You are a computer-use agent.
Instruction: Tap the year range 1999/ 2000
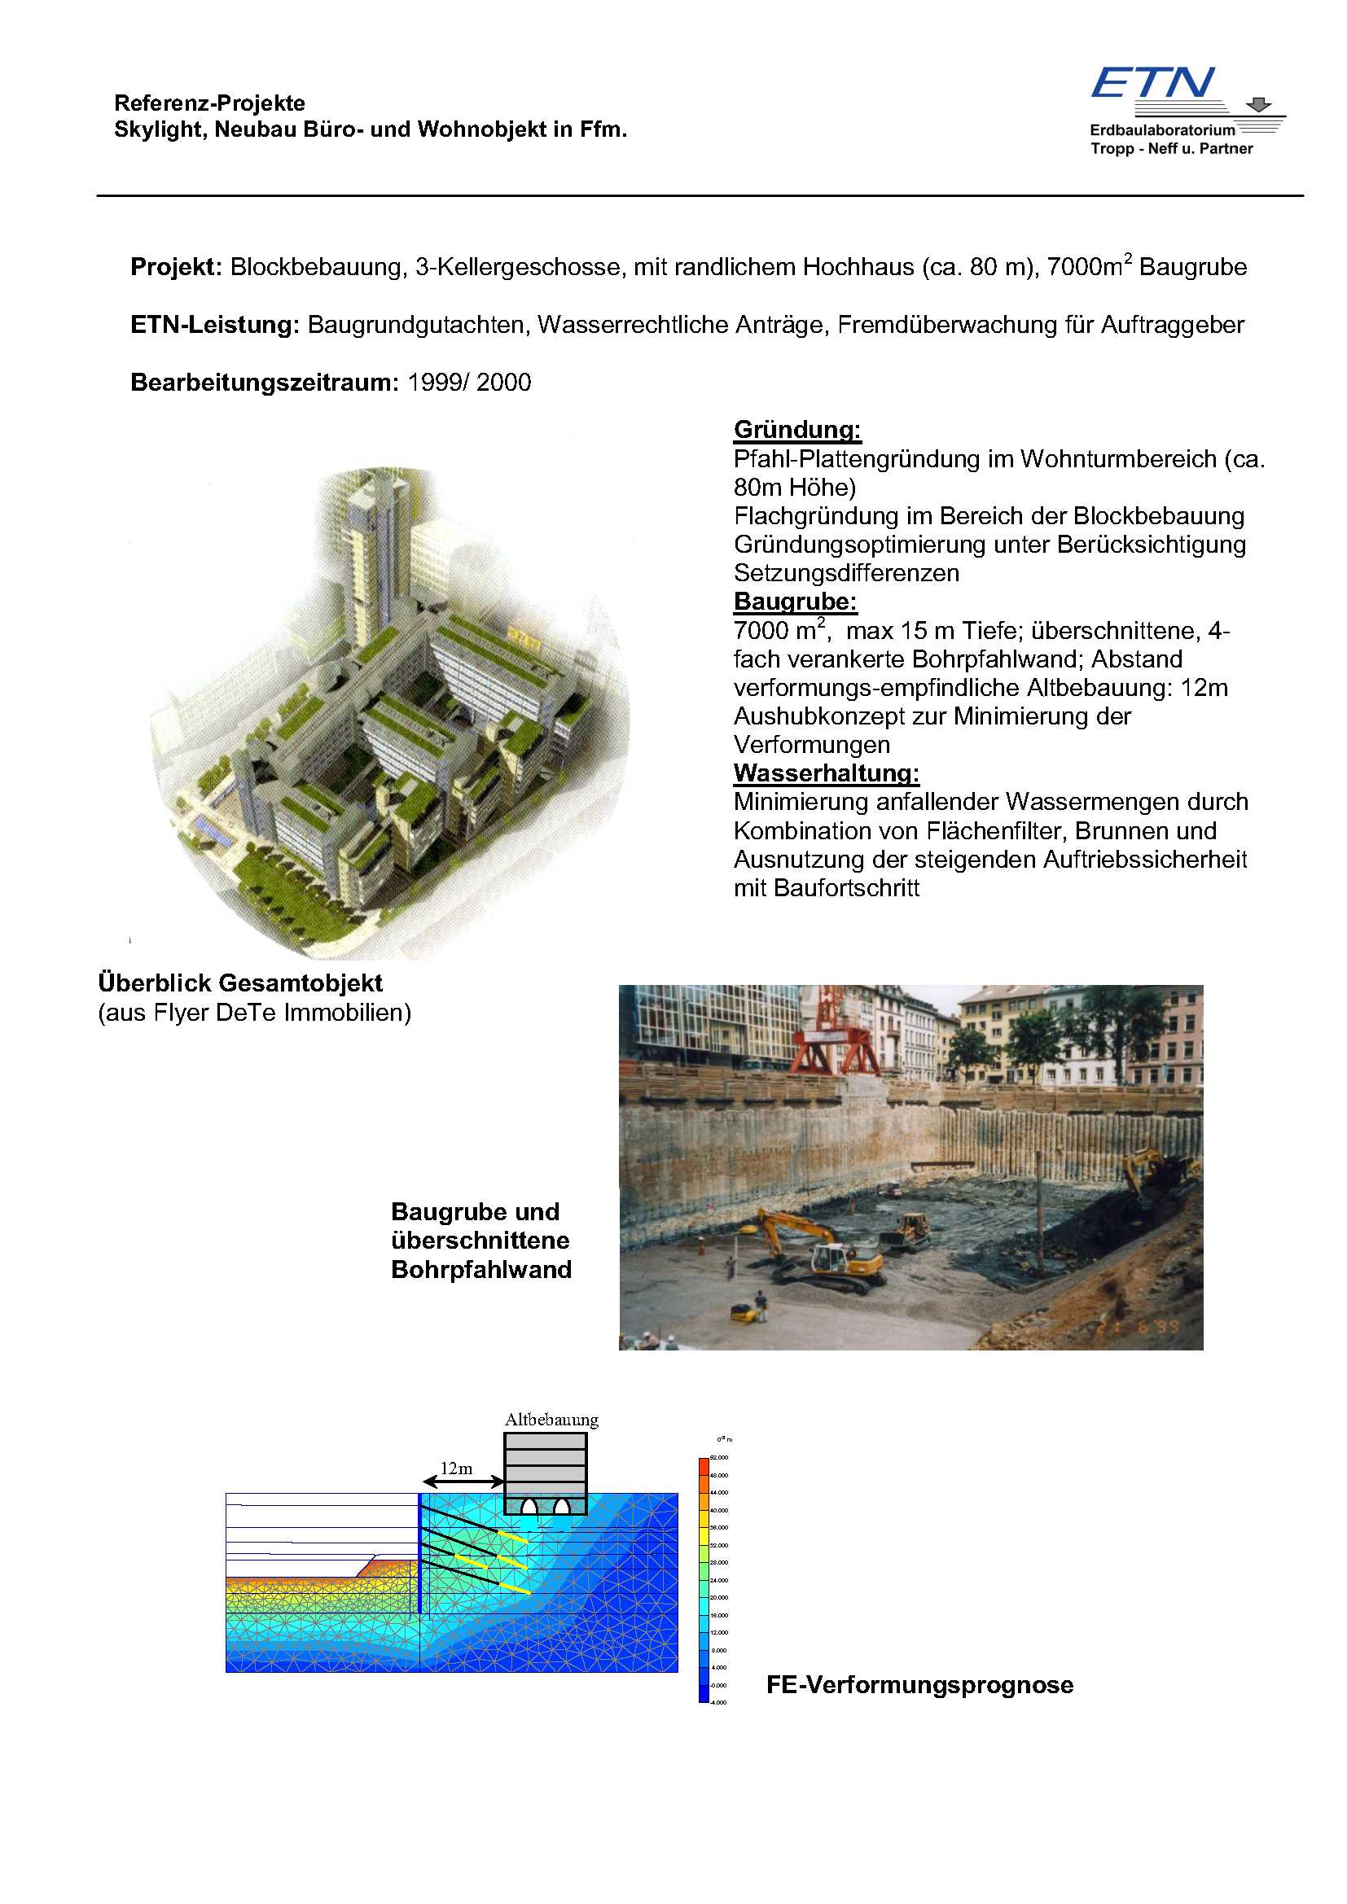tap(469, 383)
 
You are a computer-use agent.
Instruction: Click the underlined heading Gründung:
tap(797, 430)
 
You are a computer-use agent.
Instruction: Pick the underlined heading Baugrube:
tap(795, 602)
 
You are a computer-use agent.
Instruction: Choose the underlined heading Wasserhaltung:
tap(826, 773)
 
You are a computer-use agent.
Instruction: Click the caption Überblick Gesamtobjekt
tap(240, 983)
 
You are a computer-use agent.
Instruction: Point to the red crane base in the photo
tap(834, 1054)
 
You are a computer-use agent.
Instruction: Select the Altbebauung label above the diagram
tap(551, 1420)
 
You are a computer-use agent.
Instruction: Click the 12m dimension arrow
tap(463, 1481)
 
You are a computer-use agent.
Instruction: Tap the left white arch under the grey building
tap(529, 1505)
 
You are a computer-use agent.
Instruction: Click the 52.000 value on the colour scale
tap(719, 1458)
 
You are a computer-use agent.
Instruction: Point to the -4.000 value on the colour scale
tap(719, 1702)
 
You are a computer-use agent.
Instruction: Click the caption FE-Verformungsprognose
tap(919, 1685)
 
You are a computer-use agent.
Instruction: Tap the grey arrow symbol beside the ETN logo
tap(1259, 104)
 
